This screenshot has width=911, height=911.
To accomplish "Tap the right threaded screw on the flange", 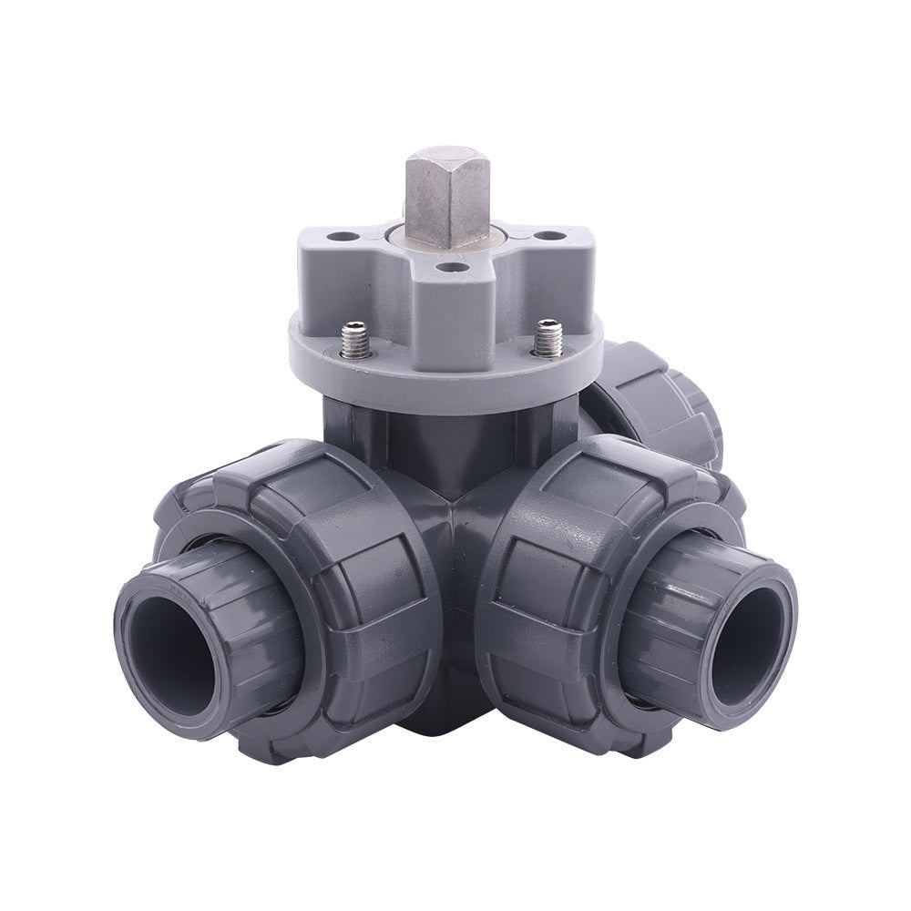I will tap(547, 338).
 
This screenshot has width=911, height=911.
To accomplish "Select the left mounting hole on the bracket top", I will tap(344, 237).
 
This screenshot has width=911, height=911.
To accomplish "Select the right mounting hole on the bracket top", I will tap(547, 236).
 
